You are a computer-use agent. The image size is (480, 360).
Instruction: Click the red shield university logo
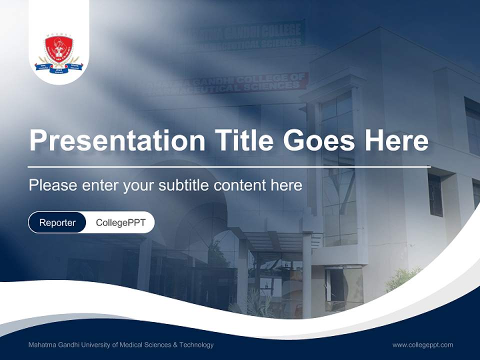[x=59, y=49]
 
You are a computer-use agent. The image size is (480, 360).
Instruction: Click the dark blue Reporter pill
[x=57, y=222]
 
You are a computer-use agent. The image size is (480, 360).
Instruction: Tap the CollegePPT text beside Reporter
[x=120, y=222]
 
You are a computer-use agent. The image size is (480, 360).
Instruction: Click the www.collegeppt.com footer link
[x=422, y=345]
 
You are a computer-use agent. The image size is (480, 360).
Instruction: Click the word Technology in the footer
[x=197, y=345]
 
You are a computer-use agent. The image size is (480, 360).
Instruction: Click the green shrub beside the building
[x=403, y=278]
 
